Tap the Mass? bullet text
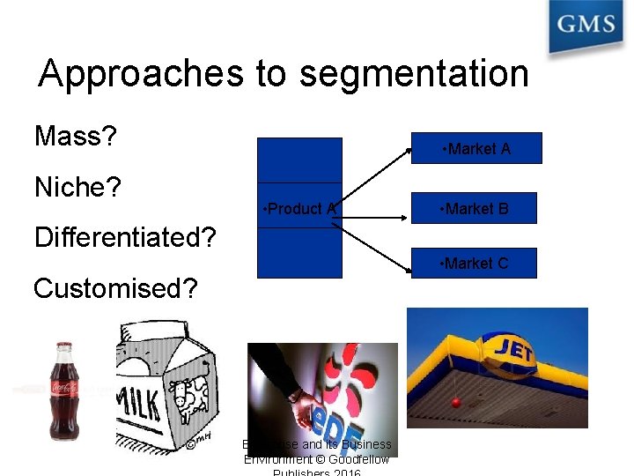[x=77, y=137]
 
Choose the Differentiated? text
[x=125, y=237]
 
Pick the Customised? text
[x=115, y=288]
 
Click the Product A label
[x=299, y=209]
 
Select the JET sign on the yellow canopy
[x=514, y=346]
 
